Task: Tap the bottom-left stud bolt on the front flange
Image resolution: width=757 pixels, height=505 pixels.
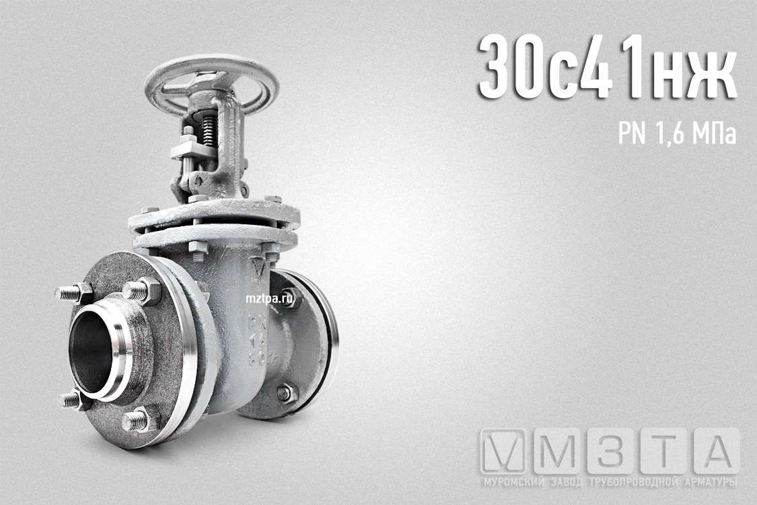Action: [73, 400]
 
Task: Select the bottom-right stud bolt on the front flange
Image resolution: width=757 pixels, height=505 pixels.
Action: [139, 420]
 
